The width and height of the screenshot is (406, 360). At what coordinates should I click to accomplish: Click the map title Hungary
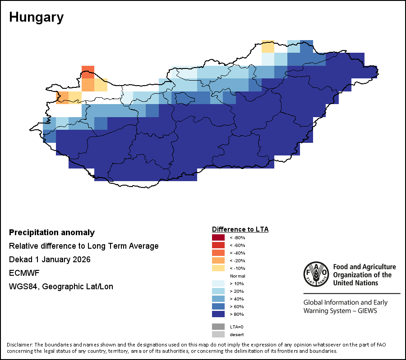(36, 17)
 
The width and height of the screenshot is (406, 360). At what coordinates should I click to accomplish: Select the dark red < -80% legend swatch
(218, 237)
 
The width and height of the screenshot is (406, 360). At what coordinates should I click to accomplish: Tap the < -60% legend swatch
(218, 245)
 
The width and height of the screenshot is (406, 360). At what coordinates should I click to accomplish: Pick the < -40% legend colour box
(218, 253)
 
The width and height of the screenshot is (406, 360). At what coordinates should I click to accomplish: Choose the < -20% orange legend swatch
(218, 260)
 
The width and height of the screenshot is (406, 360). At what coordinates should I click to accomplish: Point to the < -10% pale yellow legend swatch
(218, 268)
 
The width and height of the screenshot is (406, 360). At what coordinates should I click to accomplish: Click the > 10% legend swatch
(218, 283)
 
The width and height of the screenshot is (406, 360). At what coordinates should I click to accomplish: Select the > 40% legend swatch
(218, 299)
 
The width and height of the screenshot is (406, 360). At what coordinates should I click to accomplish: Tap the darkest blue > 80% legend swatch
(218, 314)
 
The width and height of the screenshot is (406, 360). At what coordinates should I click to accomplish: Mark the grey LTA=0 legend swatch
(218, 327)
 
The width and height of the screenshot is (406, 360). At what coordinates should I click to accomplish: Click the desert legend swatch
(218, 334)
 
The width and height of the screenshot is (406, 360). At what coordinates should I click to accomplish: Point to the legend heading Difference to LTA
(240, 229)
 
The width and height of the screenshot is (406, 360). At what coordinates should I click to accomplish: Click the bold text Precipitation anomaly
(52, 232)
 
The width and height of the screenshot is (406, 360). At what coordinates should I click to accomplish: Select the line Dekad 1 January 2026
(50, 260)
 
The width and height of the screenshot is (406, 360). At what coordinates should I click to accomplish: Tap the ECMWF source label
(22, 273)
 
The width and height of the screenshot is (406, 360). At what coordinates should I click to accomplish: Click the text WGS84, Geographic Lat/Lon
(61, 287)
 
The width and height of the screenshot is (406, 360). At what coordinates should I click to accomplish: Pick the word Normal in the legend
(237, 276)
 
